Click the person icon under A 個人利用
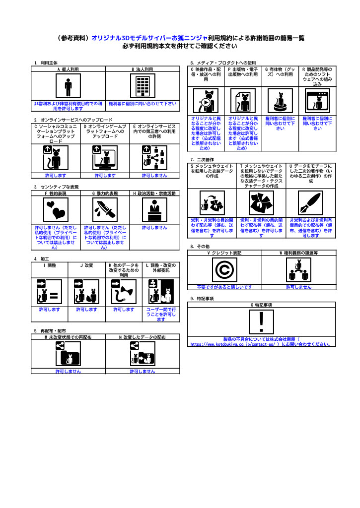tap(68, 86)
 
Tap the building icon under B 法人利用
tap(143, 86)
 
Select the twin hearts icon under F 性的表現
tap(56, 210)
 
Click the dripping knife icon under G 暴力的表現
tap(105, 210)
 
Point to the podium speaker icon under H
tap(155, 210)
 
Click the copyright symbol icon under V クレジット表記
tap(224, 270)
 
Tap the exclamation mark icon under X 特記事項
tap(261, 322)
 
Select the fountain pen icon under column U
tap(311, 203)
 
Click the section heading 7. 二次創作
tap(202, 160)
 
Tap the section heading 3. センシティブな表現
tap(57, 187)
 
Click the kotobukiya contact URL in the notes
tap(232, 344)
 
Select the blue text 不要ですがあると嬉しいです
tap(224, 287)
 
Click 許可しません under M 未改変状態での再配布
tap(68, 371)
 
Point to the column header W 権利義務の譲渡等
tap(299, 253)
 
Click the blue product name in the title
tap(149, 38)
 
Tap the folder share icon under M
tap(68, 353)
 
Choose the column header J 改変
tap(86, 265)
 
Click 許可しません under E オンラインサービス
tap(155, 175)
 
